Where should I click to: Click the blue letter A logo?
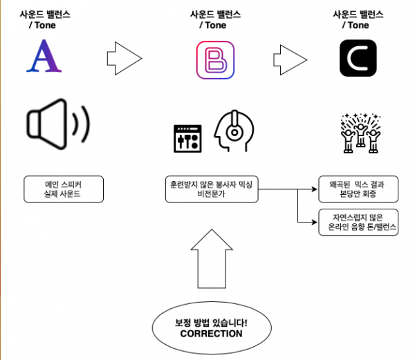[x=44, y=57]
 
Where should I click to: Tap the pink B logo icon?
[x=215, y=59]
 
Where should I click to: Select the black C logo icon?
[x=358, y=58]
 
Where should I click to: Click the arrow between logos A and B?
[x=125, y=57]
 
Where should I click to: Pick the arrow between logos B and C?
[x=290, y=58]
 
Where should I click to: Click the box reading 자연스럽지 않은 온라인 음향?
[x=358, y=222]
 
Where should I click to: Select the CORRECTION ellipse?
[x=211, y=328]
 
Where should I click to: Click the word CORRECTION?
[x=211, y=334]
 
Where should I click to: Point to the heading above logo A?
[x=46, y=19]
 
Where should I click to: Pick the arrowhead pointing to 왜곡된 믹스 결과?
[x=313, y=189]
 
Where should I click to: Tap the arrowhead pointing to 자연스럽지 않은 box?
[x=313, y=222]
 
